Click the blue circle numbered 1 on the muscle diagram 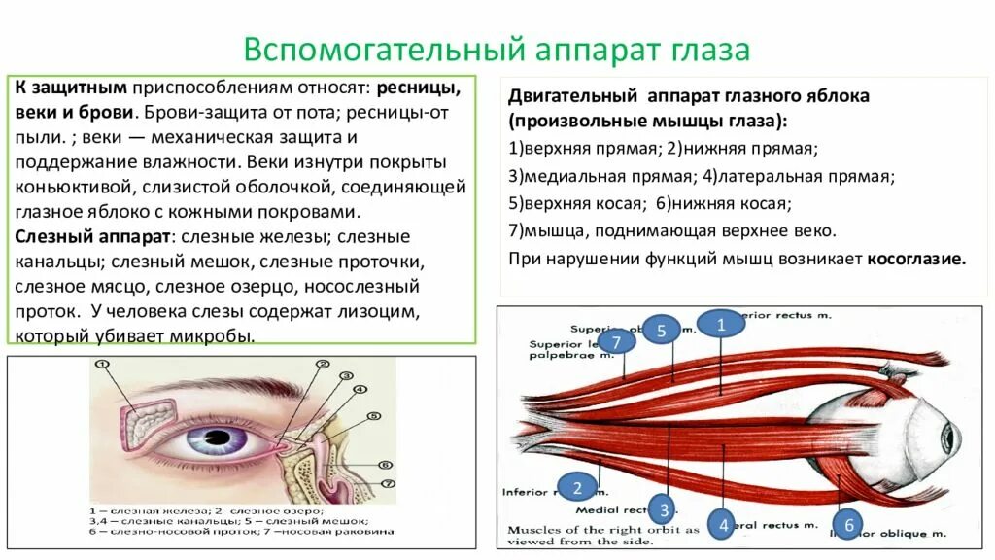click(x=721, y=325)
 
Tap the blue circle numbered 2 click(x=576, y=487)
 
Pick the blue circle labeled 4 click(x=722, y=525)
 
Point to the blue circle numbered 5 click(x=661, y=331)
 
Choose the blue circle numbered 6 click(x=847, y=525)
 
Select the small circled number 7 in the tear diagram click(x=387, y=483)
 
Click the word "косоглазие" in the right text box click(x=917, y=260)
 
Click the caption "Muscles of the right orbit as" click(x=602, y=530)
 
